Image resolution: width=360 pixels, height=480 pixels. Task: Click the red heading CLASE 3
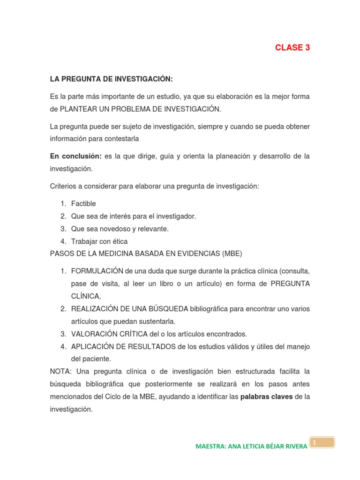click(292, 48)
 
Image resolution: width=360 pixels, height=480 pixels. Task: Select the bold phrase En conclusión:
click(76, 156)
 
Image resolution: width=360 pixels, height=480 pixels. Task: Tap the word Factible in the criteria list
click(83, 204)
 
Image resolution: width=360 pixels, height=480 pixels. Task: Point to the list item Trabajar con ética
click(99, 241)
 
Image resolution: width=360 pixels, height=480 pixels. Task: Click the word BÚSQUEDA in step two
click(168, 309)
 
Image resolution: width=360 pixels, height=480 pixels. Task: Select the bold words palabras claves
click(266, 397)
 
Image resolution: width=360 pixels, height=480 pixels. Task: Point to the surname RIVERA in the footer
click(295, 446)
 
